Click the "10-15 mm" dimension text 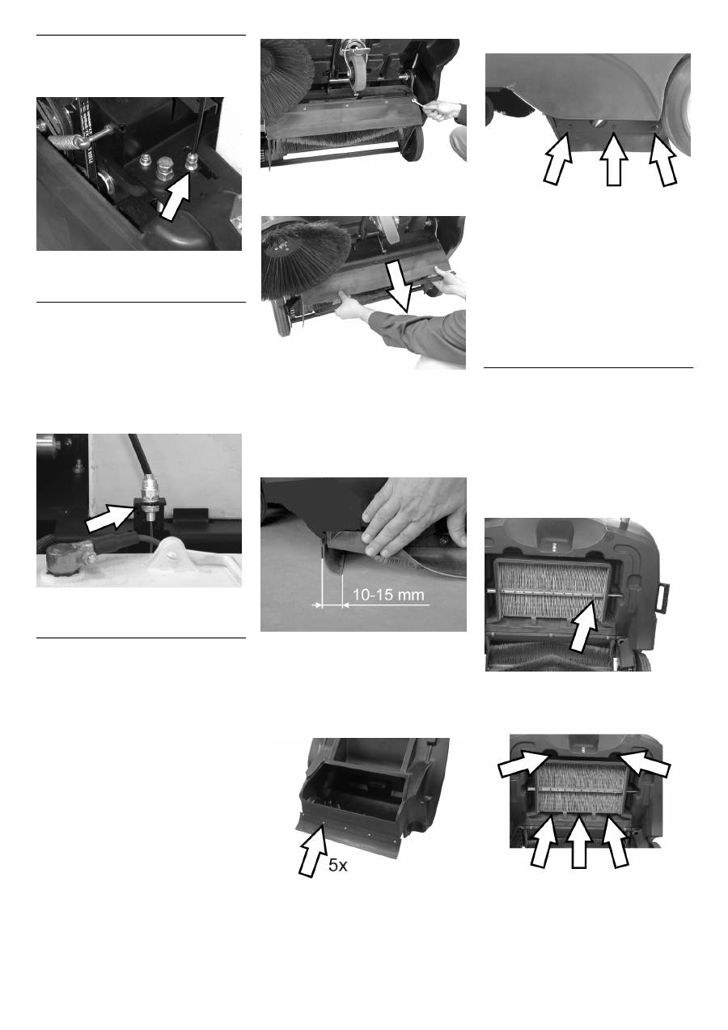point(388,595)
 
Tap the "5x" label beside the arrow point(338,866)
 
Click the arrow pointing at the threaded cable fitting point(110,516)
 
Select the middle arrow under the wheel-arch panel point(614,160)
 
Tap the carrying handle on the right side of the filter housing point(662,597)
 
